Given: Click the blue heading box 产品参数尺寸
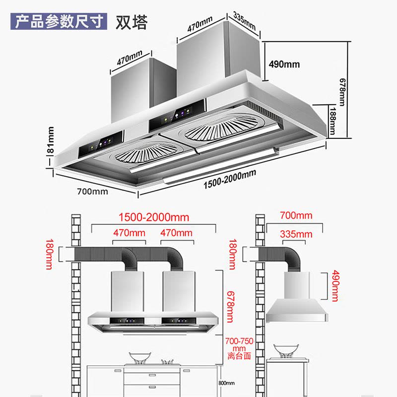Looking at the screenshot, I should (x=60, y=22).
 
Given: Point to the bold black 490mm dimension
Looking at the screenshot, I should (x=284, y=65).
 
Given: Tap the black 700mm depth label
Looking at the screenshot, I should (x=92, y=192).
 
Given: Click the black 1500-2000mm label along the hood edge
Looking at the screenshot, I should (x=230, y=180).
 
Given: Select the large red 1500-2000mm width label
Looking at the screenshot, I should (x=153, y=218).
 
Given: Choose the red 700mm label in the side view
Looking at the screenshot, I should (x=296, y=216).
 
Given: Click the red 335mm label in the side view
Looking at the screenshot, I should (x=296, y=234).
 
